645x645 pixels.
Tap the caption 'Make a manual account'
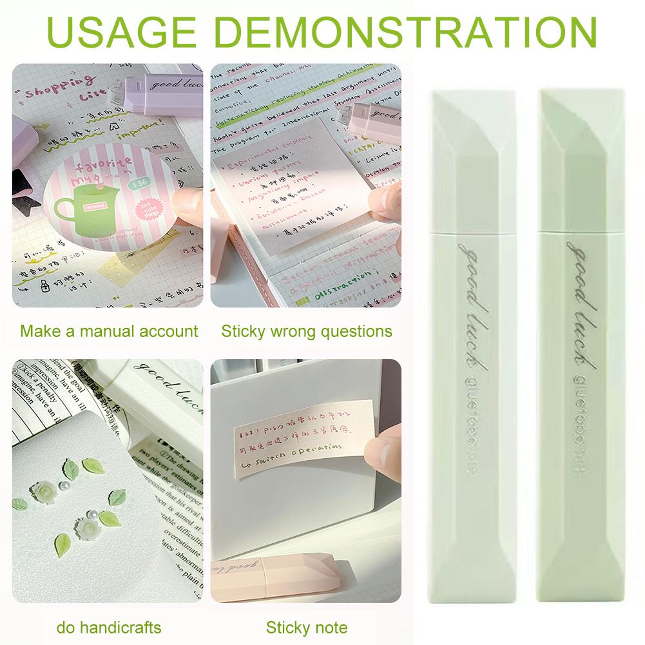[109, 331]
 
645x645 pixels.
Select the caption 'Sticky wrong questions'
[307, 331]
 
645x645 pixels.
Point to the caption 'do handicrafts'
[109, 627]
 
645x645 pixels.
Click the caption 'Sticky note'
[307, 627]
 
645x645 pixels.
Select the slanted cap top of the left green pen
[474, 129]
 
